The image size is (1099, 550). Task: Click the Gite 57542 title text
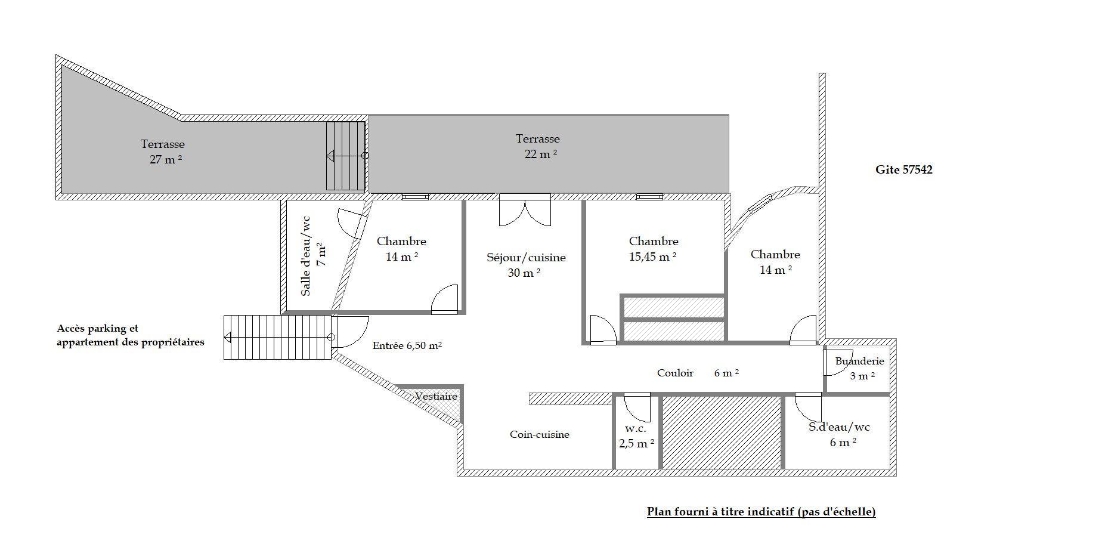[903, 169]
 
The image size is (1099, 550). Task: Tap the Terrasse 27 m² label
[163, 152]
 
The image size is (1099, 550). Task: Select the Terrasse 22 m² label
[538, 146]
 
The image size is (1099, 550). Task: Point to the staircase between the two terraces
[346, 156]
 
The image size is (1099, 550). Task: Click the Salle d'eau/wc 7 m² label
[312, 255]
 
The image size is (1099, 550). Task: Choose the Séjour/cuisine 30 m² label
[526, 265]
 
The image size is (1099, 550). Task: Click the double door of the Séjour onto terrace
[525, 210]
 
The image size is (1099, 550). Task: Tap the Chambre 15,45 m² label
[654, 249]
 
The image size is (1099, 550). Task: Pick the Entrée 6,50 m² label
[407, 345]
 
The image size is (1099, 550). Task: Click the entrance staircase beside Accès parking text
[277, 338]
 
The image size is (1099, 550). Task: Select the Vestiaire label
[436, 396]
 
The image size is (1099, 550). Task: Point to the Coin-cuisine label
[540, 434]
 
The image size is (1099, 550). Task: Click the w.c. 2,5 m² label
[636, 436]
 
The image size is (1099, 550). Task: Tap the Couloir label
[675, 373]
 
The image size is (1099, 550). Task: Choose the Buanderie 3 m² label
[860, 368]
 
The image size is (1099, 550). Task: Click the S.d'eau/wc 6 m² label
[840, 434]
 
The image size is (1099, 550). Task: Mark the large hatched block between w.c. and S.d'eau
[721, 432]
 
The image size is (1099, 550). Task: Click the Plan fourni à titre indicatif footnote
[761, 511]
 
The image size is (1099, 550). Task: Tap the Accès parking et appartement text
[131, 335]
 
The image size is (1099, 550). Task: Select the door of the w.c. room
[636, 407]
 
